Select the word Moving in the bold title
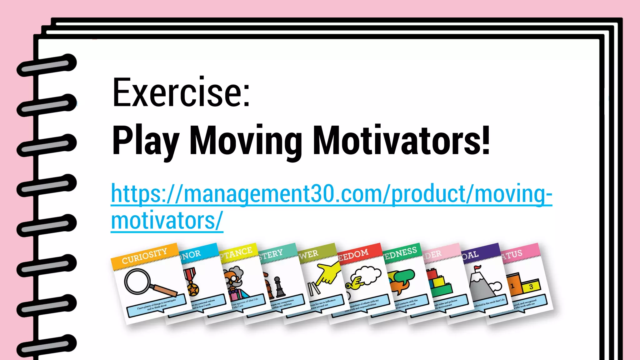[246, 141]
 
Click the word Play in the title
[146, 141]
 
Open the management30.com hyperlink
[331, 194]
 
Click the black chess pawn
[279, 287]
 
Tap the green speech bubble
[405, 275]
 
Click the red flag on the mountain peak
[477, 268]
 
